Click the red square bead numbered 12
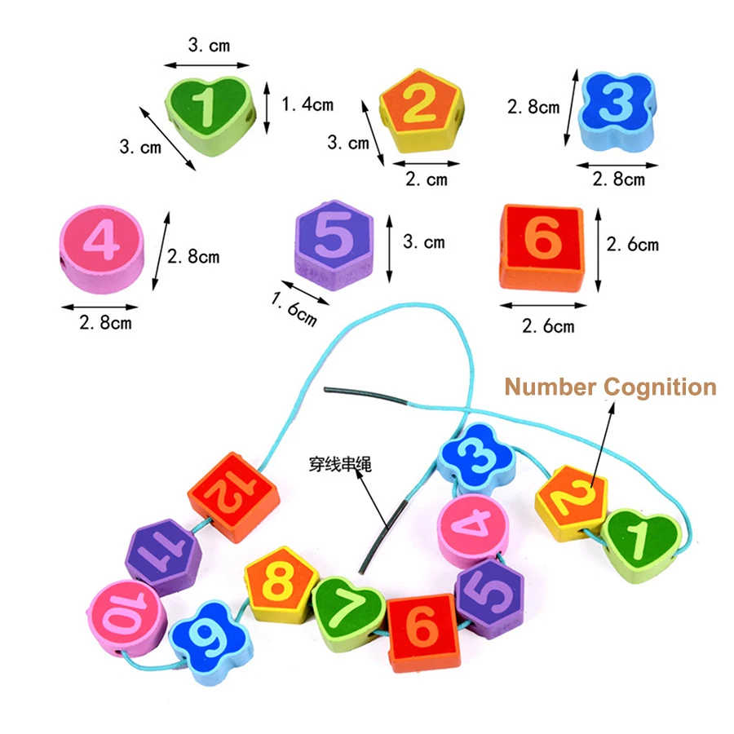pos(233,497)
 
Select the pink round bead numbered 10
pos(126,617)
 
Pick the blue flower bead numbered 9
pos(210,643)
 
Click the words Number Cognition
pos(610,387)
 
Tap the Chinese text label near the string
pos(340,464)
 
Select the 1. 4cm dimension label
pos(307,104)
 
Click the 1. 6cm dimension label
pos(294,309)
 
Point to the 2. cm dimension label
pos(427,179)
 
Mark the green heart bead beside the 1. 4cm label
pos(210,116)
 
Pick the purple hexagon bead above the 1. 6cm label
pos(334,245)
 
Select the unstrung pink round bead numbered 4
pos(102,249)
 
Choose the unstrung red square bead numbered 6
pos(542,247)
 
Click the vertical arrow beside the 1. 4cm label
pos(267,108)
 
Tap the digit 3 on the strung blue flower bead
pos(477,456)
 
